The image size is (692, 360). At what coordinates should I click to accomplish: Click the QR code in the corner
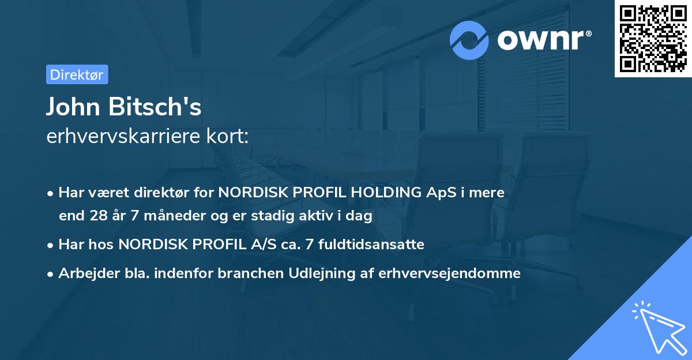coord(653,39)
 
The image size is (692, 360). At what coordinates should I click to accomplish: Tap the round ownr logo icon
coord(469,40)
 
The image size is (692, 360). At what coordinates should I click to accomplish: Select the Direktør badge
coord(77,74)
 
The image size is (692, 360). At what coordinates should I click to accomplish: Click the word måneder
coord(163,216)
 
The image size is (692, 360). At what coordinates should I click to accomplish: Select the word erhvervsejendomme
coord(449,273)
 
